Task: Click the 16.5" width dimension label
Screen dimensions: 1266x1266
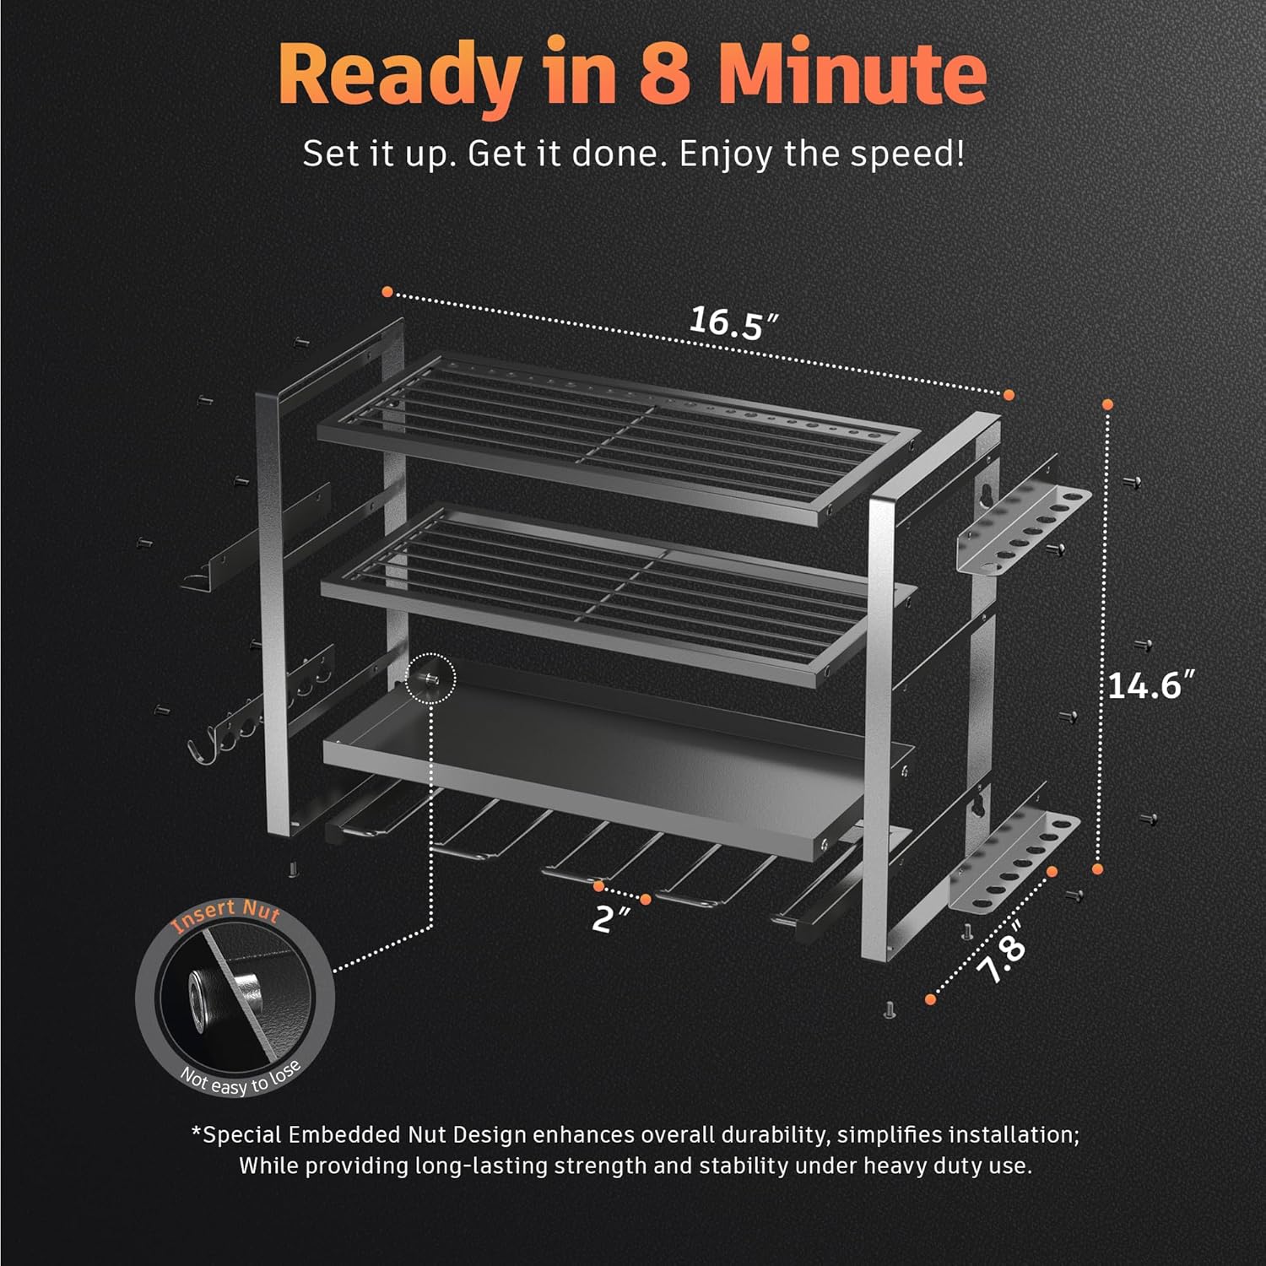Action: pos(733,322)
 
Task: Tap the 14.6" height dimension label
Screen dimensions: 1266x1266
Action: pos(1151,684)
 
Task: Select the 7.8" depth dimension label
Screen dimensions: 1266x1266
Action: pos(1002,952)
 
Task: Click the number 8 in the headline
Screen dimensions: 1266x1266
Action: pos(664,73)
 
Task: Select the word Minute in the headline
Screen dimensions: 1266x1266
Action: pos(852,73)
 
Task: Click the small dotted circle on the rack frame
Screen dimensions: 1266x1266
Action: pos(430,678)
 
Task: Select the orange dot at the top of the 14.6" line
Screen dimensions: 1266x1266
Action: pos(1107,405)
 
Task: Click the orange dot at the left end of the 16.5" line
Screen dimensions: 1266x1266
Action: pos(387,291)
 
